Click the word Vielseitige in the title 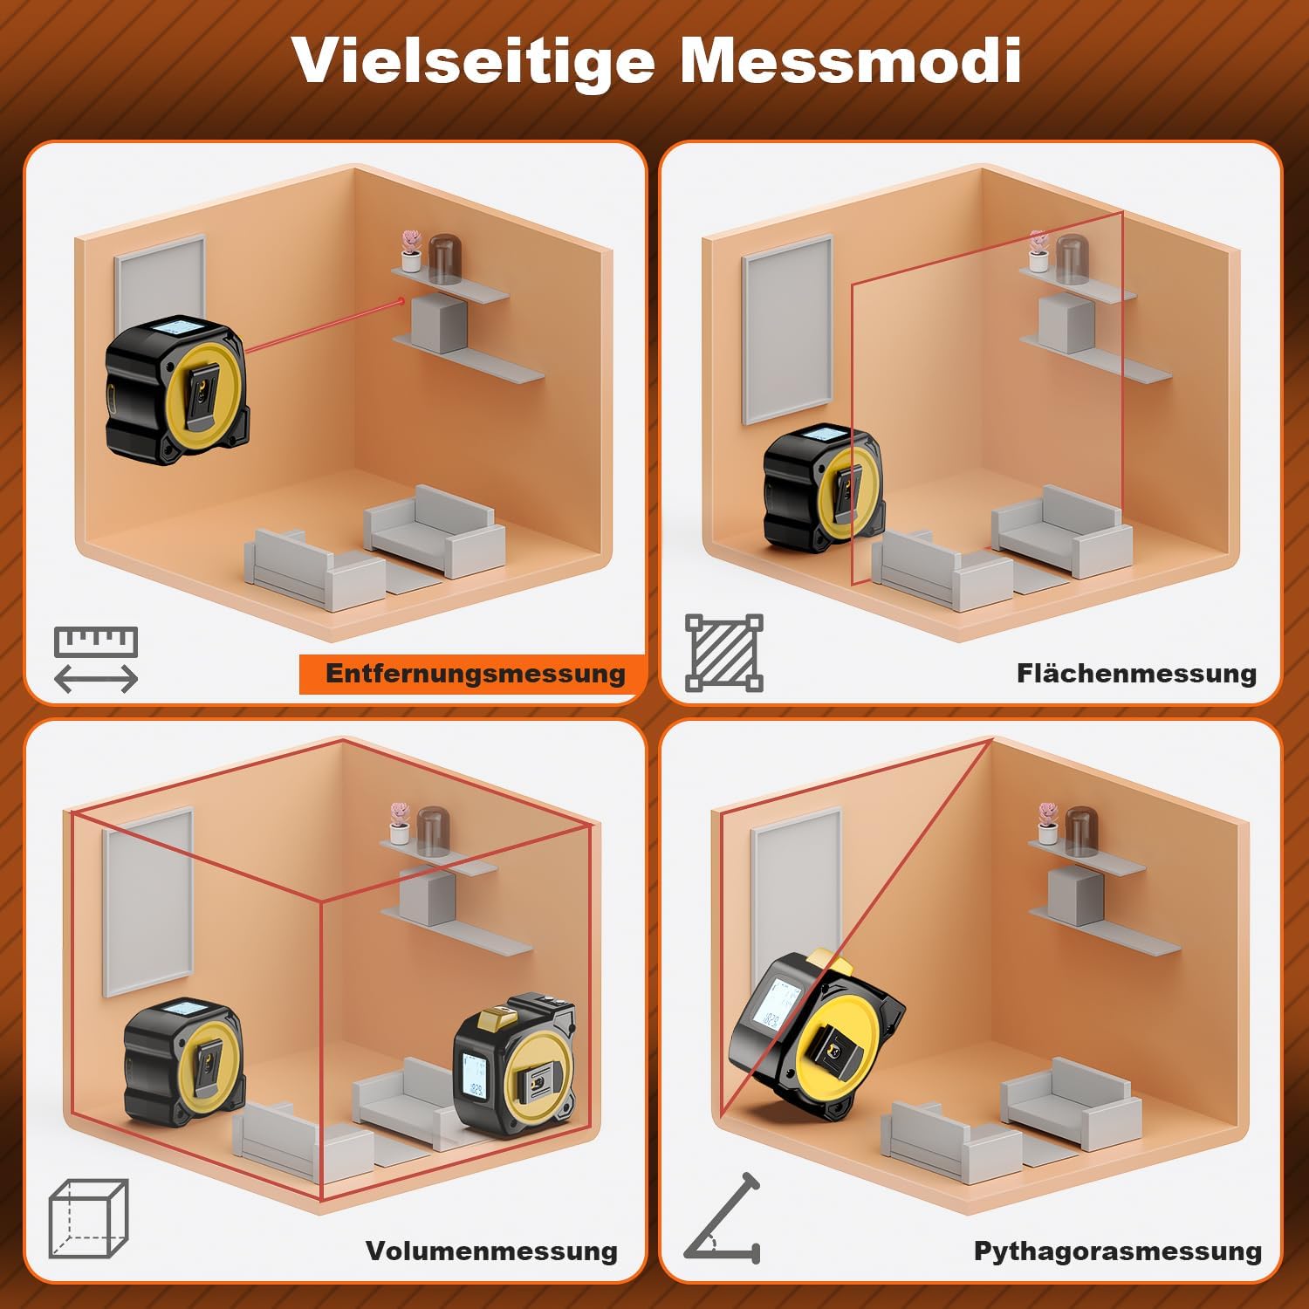pyautogui.click(x=472, y=62)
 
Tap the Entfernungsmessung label pyautogui.click(x=476, y=674)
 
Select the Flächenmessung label pyautogui.click(x=1136, y=673)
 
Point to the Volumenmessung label pyautogui.click(x=491, y=1251)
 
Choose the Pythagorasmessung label pyautogui.click(x=1118, y=1251)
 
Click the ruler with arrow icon pyautogui.click(x=96, y=659)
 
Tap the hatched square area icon pyautogui.click(x=724, y=654)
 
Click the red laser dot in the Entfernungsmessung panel pyautogui.click(x=401, y=300)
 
